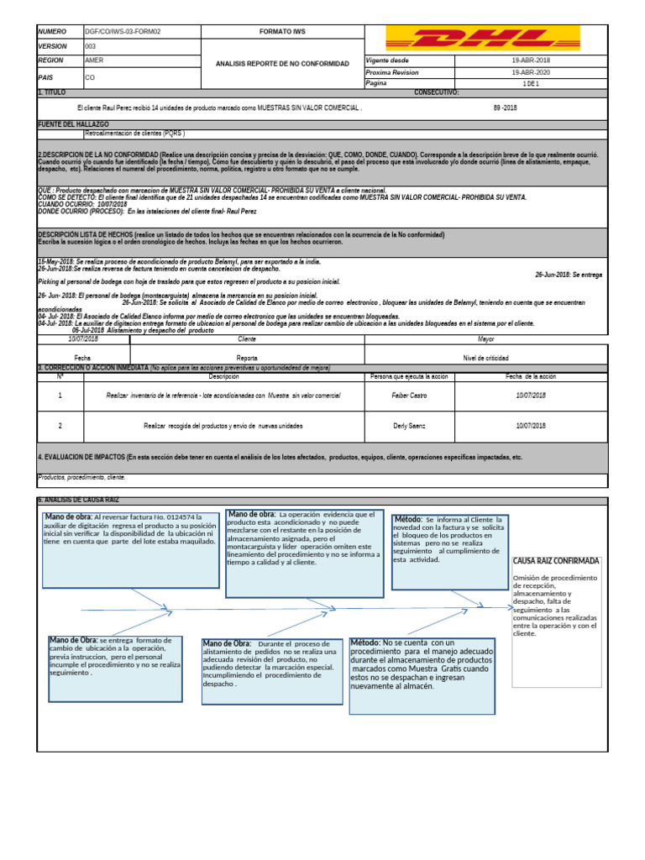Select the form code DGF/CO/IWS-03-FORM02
pyautogui.click(x=123, y=31)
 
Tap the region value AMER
pyautogui.click(x=95, y=61)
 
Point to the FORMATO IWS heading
pyautogui.click(x=281, y=31)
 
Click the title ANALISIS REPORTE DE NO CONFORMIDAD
pyautogui.click(x=281, y=64)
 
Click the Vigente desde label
pyautogui.click(x=388, y=61)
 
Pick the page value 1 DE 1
pyautogui.click(x=530, y=84)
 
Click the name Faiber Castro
pyautogui.click(x=410, y=395)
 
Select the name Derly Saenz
pyautogui.click(x=410, y=426)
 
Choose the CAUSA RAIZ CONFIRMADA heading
pyautogui.click(x=555, y=560)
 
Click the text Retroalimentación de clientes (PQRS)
pyautogui.click(x=134, y=133)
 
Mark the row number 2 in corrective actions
pyautogui.click(x=60, y=426)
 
